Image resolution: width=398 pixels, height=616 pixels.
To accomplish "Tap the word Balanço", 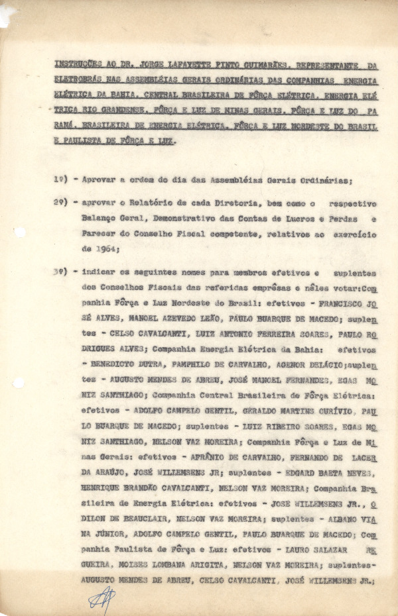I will click(99, 219).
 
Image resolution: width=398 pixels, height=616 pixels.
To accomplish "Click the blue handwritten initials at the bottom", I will click(103, 599).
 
